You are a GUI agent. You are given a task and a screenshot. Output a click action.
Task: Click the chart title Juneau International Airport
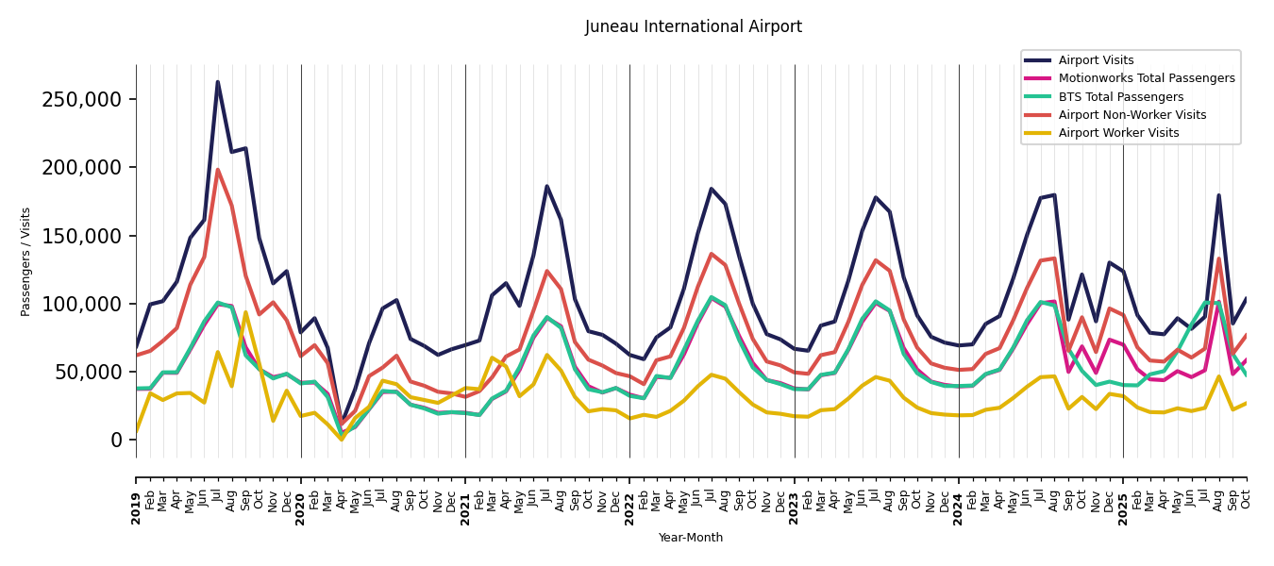(x=693, y=27)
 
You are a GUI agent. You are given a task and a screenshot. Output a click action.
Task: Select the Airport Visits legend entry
(x=1096, y=60)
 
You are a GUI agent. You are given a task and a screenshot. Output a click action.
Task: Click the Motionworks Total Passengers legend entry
(x=1146, y=78)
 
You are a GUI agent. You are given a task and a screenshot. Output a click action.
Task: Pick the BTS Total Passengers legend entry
(x=1120, y=97)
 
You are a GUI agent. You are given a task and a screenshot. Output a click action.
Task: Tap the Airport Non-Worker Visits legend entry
(x=1132, y=115)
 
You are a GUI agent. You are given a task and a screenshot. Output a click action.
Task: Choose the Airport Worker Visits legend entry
(x=1118, y=133)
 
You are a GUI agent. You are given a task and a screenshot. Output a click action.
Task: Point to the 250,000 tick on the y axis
(x=82, y=100)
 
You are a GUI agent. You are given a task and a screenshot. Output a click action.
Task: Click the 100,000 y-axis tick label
(x=82, y=304)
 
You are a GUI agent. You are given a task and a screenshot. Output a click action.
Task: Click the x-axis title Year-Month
(x=691, y=538)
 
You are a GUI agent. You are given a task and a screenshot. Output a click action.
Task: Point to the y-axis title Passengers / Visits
(x=26, y=261)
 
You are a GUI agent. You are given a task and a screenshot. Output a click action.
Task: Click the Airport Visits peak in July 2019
(x=218, y=82)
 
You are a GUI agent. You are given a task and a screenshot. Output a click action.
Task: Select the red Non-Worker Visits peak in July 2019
(x=218, y=170)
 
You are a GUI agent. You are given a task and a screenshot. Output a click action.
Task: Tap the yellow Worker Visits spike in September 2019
(x=245, y=312)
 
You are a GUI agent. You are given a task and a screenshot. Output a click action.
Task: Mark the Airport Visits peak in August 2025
(x=1218, y=195)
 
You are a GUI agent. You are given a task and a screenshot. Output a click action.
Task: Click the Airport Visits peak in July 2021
(x=546, y=186)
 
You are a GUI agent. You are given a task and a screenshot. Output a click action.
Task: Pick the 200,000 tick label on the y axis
(x=82, y=168)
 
